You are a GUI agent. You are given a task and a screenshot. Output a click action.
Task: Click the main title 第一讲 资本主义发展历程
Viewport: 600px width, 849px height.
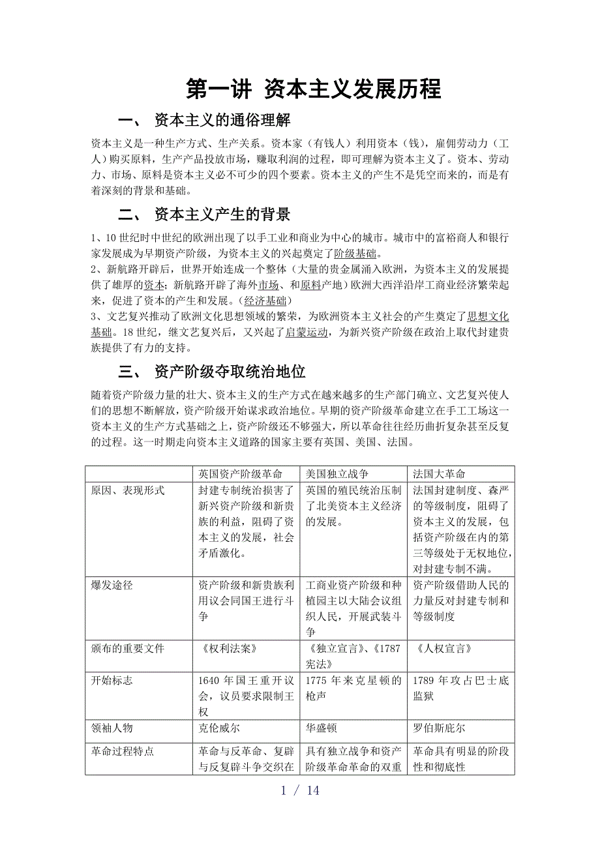tap(314, 89)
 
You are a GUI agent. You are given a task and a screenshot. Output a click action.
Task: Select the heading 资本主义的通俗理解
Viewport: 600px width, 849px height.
tap(222, 121)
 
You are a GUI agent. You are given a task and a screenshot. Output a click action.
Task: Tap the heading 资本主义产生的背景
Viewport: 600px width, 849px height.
tap(222, 215)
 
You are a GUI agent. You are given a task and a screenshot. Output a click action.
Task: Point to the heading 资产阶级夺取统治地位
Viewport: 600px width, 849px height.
tap(230, 372)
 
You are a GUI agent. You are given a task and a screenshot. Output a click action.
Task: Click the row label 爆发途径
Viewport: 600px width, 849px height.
tap(112, 585)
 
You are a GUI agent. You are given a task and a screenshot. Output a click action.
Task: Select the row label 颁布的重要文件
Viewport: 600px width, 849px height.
tap(128, 648)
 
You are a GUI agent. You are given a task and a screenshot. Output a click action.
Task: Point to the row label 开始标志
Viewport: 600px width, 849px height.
tap(112, 680)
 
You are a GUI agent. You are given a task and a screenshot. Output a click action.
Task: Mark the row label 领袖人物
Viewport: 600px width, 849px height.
tap(112, 728)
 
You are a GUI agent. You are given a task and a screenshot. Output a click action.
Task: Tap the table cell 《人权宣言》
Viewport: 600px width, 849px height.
tap(443, 648)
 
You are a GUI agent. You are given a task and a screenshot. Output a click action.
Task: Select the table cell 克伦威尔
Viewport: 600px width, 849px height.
tap(220, 728)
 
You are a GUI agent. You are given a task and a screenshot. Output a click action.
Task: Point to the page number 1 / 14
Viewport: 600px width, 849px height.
tap(300, 790)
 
